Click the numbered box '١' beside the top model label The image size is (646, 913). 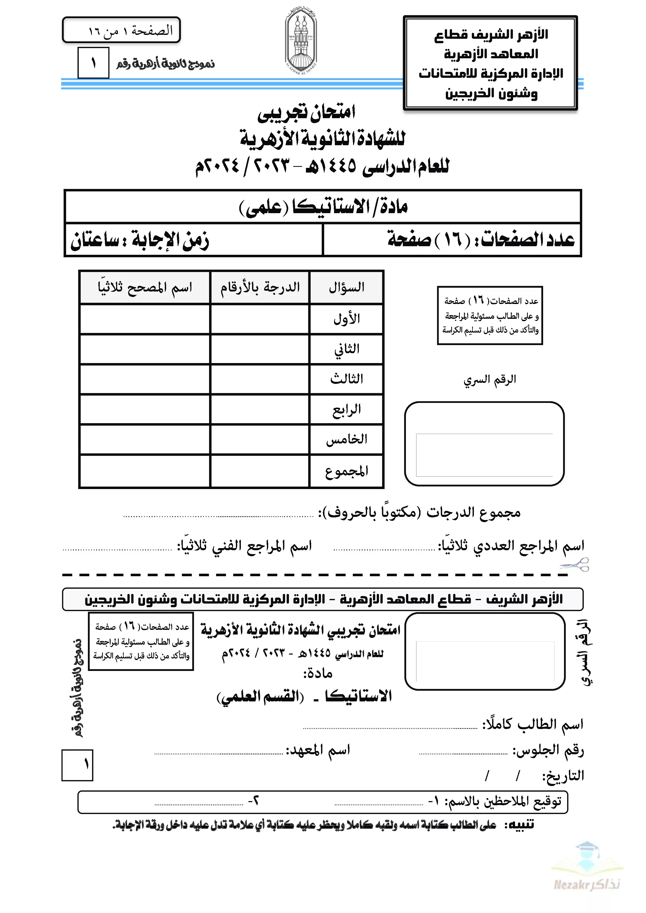point(93,63)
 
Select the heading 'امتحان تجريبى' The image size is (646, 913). point(306,112)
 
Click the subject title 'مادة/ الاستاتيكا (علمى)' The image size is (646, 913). point(323,207)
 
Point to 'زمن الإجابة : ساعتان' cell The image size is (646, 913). point(140,240)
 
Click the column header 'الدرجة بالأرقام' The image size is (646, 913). point(260,287)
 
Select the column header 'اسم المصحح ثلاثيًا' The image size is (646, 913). point(145,287)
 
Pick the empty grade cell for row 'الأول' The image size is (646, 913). point(260,319)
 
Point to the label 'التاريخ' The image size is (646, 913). point(563,775)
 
